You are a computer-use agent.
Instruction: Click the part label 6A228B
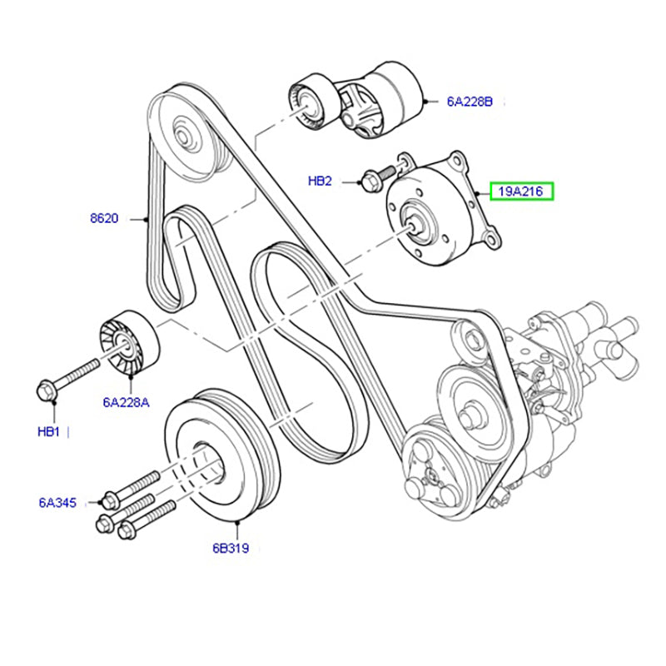[470, 102]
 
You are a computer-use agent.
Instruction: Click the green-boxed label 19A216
[520, 192]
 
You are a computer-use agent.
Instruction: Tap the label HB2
[320, 181]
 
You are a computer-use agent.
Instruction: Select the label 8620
[105, 219]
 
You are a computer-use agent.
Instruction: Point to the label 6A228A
[127, 402]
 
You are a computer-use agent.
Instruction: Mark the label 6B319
[231, 549]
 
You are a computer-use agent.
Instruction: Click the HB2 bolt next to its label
[372, 177]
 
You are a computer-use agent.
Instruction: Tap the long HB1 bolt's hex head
[48, 389]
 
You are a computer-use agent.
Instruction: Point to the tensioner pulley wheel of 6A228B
[311, 102]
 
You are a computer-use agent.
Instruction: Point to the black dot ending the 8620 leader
[147, 220]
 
